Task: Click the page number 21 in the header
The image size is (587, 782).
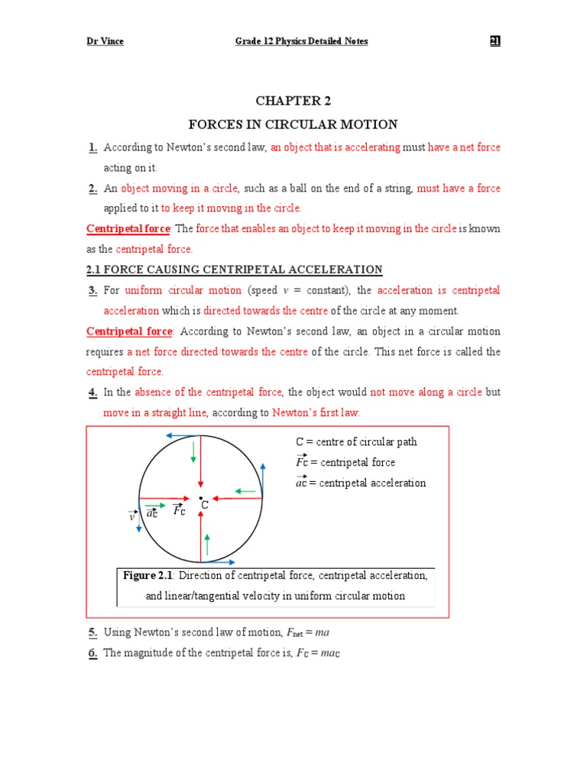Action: click(495, 41)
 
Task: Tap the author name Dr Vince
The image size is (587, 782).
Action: click(105, 41)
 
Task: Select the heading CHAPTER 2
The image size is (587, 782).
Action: click(294, 101)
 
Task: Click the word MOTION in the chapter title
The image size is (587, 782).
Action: click(371, 124)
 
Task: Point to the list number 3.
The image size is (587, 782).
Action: click(92, 290)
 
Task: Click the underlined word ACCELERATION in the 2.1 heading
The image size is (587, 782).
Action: click(337, 270)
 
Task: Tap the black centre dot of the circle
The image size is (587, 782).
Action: click(200, 498)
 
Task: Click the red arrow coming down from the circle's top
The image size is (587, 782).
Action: click(200, 462)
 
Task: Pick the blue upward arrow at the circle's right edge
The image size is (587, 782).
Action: click(263, 480)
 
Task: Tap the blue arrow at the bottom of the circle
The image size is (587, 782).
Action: click(219, 562)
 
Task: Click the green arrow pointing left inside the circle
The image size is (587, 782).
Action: click(244, 490)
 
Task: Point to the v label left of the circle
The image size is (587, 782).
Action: click(131, 517)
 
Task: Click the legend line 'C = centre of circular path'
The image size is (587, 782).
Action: click(356, 442)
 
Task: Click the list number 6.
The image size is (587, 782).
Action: click(92, 653)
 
